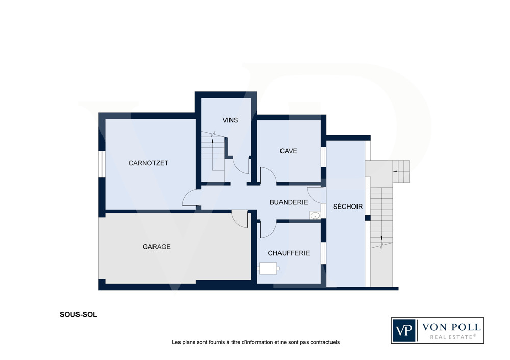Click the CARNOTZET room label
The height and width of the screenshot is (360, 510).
coord(148,163)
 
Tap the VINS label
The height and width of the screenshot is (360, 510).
coord(230,120)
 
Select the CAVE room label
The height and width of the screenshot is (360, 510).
coord(289,151)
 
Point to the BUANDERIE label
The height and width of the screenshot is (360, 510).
coord(289,202)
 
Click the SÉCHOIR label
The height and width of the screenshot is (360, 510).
coord(348,206)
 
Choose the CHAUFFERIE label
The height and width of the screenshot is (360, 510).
coord(289,253)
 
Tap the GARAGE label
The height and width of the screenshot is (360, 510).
coord(157,247)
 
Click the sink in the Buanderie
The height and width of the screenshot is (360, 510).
coord(315,215)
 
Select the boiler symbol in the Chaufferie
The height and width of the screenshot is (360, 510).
coord(268,268)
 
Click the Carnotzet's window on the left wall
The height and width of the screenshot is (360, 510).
coord(102,164)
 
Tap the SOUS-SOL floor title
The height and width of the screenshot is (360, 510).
coord(79,315)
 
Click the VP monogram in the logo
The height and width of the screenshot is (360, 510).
coord(404,330)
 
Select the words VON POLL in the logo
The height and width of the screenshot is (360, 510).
coord(451,327)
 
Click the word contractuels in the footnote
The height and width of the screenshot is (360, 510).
coord(325,342)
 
